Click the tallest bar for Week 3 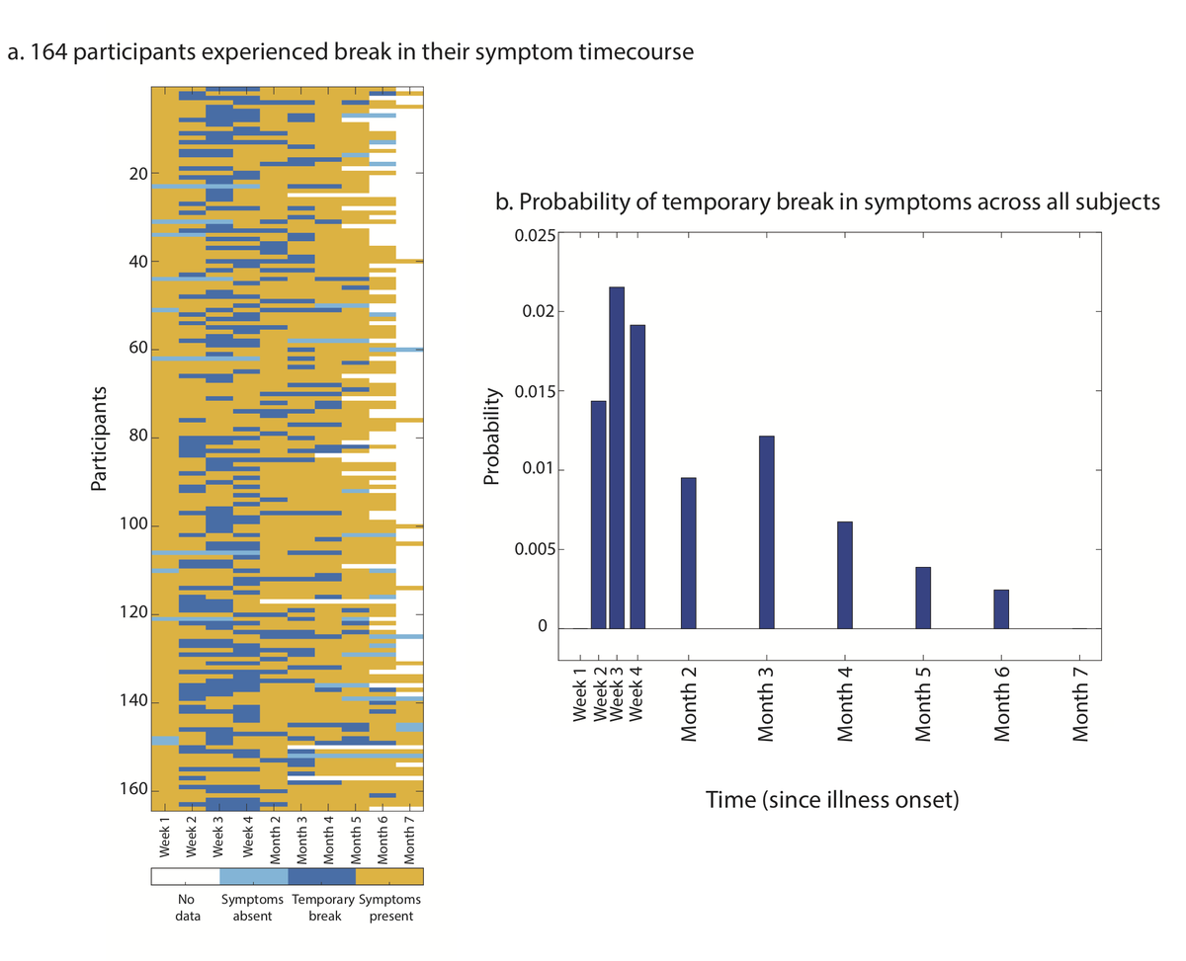[x=617, y=457]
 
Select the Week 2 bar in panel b [x=598, y=514]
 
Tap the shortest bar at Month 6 [x=1001, y=608]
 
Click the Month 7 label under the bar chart [x=1079, y=705]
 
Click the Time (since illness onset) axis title [x=831, y=799]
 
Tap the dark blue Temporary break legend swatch [x=321, y=876]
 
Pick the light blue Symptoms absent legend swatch [x=253, y=876]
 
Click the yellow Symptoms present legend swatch [x=389, y=876]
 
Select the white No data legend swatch [x=185, y=876]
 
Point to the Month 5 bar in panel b [x=922, y=598]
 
